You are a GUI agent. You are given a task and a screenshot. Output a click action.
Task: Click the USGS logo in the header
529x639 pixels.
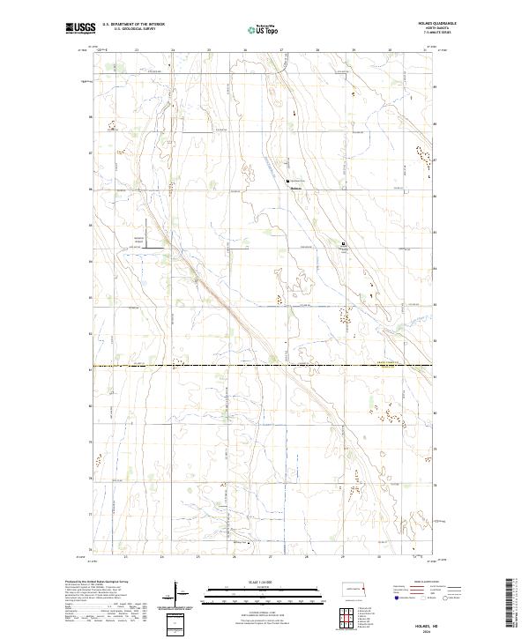click(80, 29)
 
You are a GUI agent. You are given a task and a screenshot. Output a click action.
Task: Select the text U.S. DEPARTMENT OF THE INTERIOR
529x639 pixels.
click(133, 25)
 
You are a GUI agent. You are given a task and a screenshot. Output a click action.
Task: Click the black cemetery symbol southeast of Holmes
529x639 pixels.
click(344, 244)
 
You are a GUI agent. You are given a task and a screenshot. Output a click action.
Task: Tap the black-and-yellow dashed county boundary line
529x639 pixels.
click(264, 365)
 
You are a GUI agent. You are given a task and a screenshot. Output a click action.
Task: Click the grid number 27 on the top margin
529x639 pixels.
click(280, 50)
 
